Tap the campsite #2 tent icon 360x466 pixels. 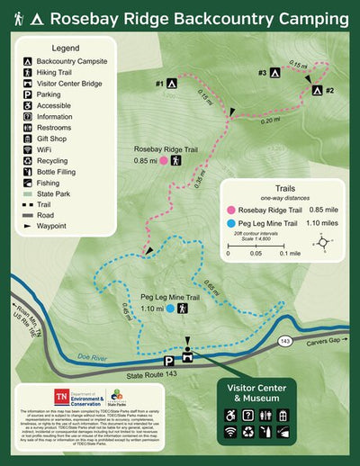pyautogui.click(x=316, y=89)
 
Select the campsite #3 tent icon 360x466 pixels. pyautogui.click(x=274, y=72)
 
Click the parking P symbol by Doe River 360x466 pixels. pyautogui.click(x=167, y=360)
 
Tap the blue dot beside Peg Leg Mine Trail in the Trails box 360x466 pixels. pyautogui.click(x=233, y=223)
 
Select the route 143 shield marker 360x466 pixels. pyautogui.click(x=284, y=343)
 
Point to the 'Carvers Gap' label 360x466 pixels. pyautogui.click(x=323, y=343)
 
